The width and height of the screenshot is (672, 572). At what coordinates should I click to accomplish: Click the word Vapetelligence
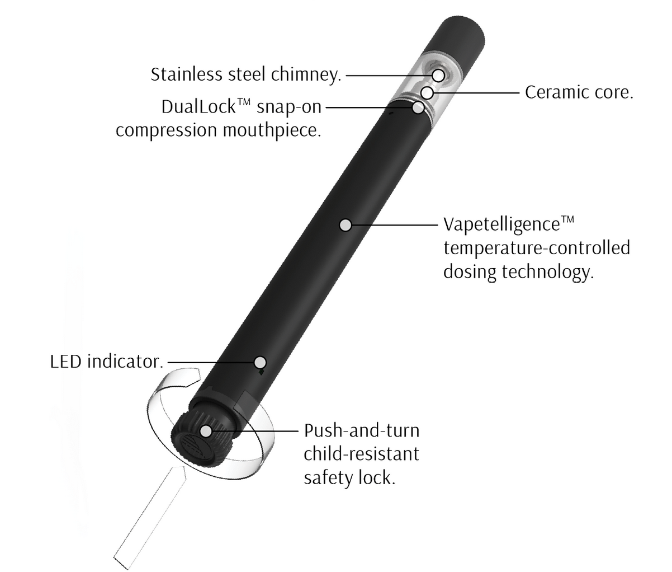(501, 224)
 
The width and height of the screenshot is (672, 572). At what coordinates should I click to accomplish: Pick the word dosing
(470, 272)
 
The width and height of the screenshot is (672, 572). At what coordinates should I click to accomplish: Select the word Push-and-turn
(362, 431)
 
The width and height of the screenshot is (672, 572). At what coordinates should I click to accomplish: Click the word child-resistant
(361, 453)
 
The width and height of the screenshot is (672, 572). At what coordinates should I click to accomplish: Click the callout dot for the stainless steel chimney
(438, 75)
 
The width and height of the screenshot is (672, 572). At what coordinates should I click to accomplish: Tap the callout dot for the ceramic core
(428, 92)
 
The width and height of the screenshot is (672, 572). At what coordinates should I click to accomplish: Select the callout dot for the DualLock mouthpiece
(418, 107)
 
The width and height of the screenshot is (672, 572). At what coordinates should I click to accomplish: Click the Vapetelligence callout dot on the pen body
(346, 225)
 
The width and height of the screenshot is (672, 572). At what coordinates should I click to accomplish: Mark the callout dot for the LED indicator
(259, 361)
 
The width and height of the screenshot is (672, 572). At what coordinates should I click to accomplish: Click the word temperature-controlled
(536, 248)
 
